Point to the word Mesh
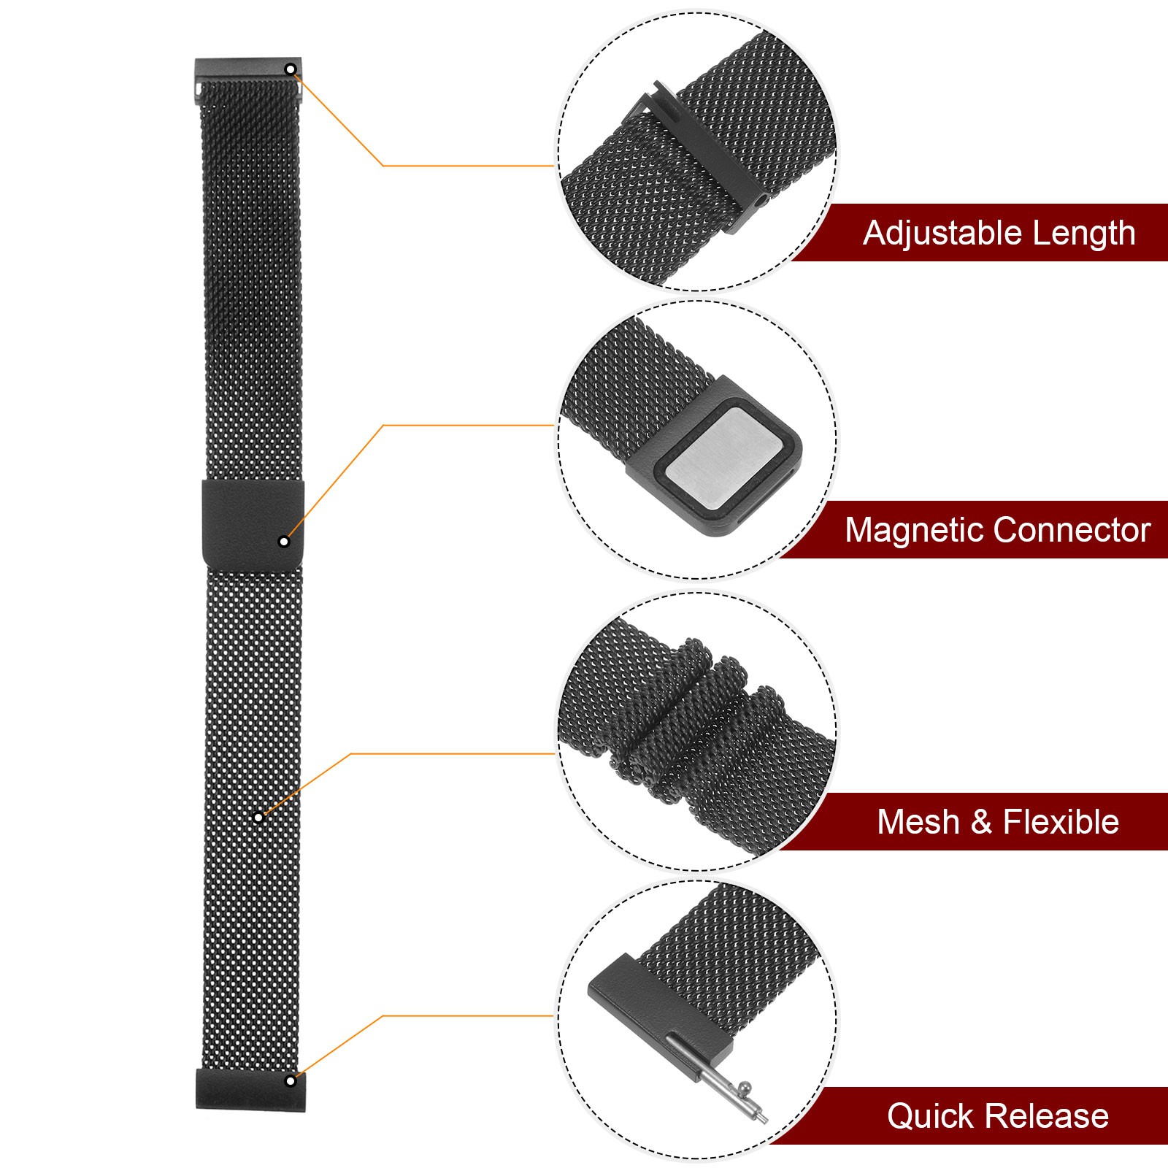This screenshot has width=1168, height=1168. [918, 822]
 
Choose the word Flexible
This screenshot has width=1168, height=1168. [1061, 822]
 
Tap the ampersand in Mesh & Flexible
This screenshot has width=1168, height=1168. [981, 823]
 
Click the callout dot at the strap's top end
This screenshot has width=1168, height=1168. [291, 69]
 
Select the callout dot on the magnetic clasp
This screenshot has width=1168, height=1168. [284, 541]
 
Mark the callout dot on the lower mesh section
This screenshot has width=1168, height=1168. [258, 817]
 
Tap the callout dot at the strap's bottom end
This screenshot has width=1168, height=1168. [291, 1080]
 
